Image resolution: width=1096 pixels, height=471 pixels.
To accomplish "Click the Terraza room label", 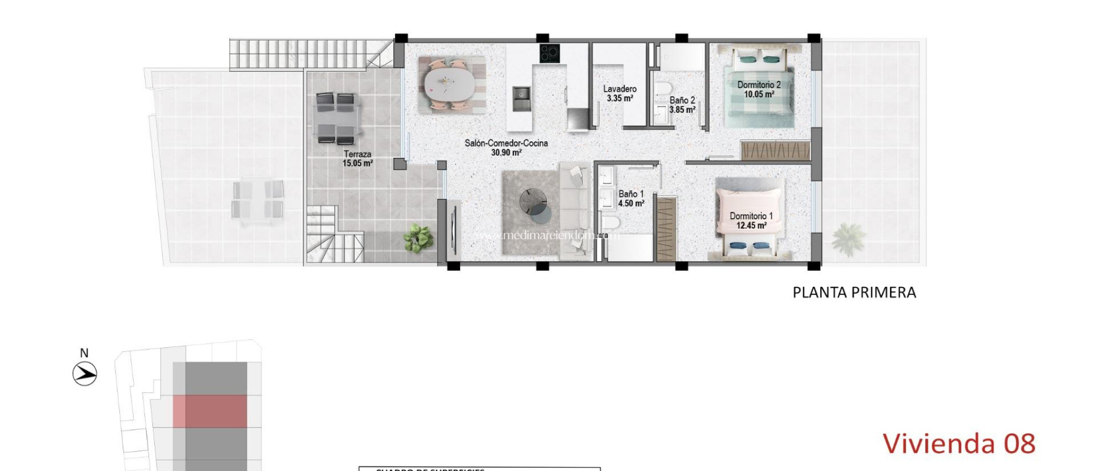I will coord(357,154).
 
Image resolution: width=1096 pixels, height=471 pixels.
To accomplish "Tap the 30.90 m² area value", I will coord(506,153).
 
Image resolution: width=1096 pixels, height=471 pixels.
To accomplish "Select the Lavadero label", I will coord(620,89).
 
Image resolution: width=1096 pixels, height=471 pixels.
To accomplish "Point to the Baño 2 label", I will coord(682,100).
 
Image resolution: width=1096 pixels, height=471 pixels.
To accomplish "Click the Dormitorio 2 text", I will coord(758,85).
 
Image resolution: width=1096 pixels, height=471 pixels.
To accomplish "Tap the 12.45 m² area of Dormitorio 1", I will coord(751,225).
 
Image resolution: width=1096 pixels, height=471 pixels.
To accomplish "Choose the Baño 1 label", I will coord(631,194).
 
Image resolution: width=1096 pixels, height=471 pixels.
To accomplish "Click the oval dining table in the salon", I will coord(449,85).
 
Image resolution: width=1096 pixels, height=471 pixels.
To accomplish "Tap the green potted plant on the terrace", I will coord(418,238).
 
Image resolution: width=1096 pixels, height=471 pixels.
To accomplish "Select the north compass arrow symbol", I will coord(85,374).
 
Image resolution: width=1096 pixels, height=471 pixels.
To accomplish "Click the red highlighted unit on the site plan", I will coord(210,411).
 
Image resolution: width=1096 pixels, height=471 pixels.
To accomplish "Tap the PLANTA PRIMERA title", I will coord(854,292).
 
